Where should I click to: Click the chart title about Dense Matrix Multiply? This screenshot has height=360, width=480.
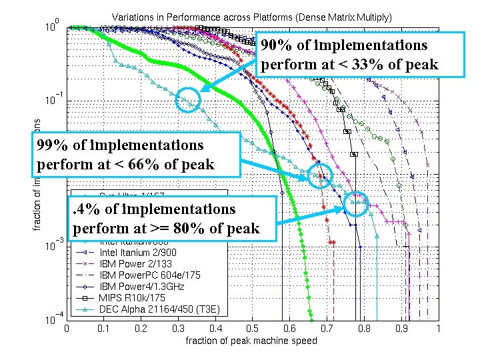(251, 15)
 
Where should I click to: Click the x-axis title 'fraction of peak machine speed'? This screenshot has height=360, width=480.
(251, 341)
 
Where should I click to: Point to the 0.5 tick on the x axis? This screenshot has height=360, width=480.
(252, 329)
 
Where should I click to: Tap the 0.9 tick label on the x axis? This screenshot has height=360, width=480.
(401, 329)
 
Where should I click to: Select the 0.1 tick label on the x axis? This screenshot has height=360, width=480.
(103, 329)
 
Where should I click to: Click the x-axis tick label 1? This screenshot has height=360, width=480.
(437, 329)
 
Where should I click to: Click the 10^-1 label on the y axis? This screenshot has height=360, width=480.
(54, 101)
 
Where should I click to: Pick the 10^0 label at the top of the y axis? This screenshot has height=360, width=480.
(54, 27)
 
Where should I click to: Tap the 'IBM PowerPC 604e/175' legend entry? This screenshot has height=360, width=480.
(149, 275)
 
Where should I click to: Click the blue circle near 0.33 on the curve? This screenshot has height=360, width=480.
(189, 100)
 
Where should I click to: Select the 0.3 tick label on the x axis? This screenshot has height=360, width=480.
(178, 329)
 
